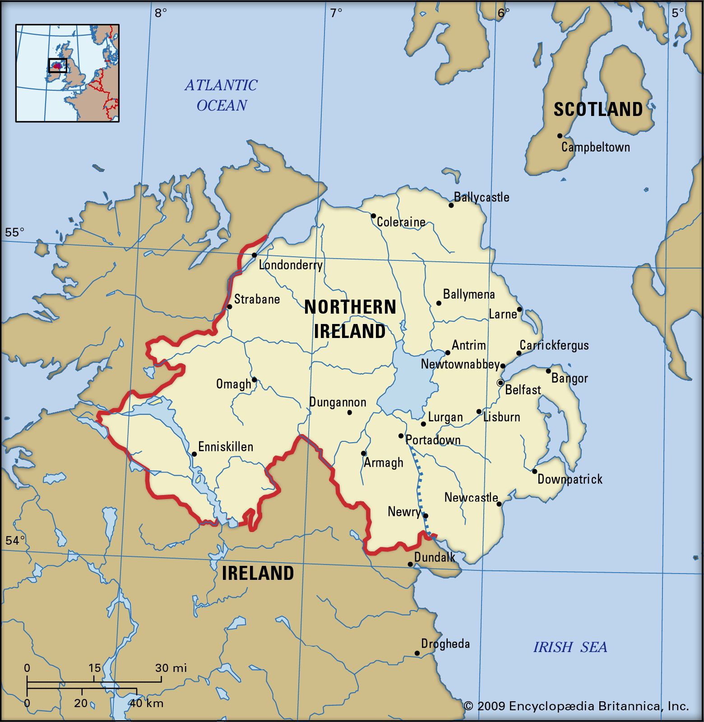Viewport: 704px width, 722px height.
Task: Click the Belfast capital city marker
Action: (500, 383)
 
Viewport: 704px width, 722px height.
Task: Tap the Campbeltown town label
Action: (595, 147)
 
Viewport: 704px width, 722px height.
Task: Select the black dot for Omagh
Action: (255, 380)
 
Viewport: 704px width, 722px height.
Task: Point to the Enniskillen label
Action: (226, 447)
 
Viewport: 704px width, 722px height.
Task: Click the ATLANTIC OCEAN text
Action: (222, 95)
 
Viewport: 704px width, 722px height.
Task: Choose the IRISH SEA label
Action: (570, 647)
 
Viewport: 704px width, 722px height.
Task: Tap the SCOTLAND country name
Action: (598, 110)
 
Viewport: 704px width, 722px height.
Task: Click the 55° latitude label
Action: (14, 232)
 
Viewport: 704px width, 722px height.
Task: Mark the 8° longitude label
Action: (161, 13)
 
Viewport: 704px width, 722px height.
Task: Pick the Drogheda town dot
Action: (417, 653)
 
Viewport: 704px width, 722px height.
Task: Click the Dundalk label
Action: (435, 557)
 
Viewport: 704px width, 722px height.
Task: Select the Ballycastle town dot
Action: (451, 205)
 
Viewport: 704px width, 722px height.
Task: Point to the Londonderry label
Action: (291, 265)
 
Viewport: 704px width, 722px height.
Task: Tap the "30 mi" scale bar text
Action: (171, 668)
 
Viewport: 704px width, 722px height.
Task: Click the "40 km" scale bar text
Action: (147, 703)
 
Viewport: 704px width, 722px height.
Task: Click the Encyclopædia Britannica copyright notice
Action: (576, 706)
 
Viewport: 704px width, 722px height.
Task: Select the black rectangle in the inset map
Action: (58, 65)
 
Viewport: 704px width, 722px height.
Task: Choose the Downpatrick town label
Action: (570, 479)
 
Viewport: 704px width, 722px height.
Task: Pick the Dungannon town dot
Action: (350, 412)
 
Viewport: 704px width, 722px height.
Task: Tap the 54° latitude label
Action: (15, 540)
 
